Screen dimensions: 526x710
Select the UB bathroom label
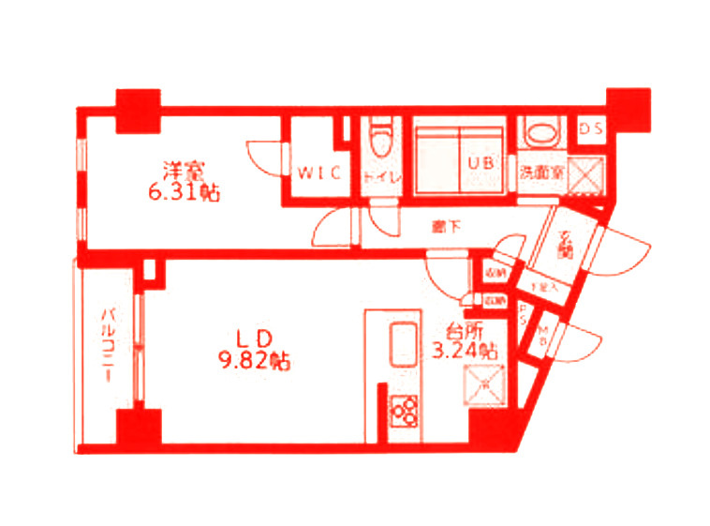tap(481, 161)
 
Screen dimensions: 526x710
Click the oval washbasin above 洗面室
tap(540, 132)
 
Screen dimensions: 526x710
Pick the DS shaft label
tap(591, 129)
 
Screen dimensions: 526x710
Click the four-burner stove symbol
tap(405, 410)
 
